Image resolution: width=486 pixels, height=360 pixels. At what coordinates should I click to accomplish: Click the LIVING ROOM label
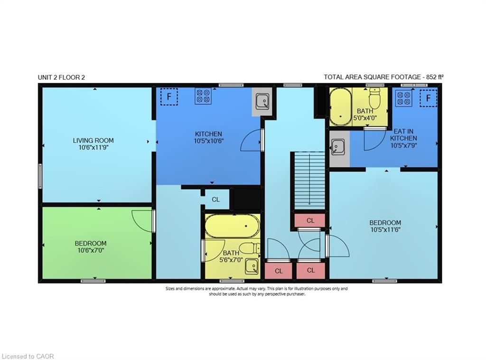coord(93,141)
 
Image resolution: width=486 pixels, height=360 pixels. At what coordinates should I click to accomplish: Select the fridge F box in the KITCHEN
coord(168,96)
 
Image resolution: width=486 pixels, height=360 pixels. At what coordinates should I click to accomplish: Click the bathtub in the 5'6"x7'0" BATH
coord(232,226)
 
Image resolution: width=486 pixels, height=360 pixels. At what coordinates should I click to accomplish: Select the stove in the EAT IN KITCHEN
coord(404,99)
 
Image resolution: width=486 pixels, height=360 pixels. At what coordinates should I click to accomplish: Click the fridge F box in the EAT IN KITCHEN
coord(428,98)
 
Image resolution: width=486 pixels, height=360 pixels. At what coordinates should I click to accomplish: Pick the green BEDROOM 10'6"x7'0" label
coord(91,244)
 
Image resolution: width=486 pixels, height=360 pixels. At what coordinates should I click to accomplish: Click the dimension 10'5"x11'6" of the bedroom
coord(385,229)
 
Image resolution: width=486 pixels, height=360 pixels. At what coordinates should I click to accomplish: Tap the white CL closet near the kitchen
coord(215,199)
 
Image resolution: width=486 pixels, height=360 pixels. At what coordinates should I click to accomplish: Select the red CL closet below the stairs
coord(310,220)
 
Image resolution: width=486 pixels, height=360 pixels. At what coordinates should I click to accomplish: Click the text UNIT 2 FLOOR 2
coord(62,77)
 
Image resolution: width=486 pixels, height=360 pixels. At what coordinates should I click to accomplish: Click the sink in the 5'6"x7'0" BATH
coord(252,267)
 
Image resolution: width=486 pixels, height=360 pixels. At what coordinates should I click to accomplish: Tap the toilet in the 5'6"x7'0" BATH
coord(250,248)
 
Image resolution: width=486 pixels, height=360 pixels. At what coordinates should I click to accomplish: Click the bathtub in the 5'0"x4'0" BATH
coord(340,106)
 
